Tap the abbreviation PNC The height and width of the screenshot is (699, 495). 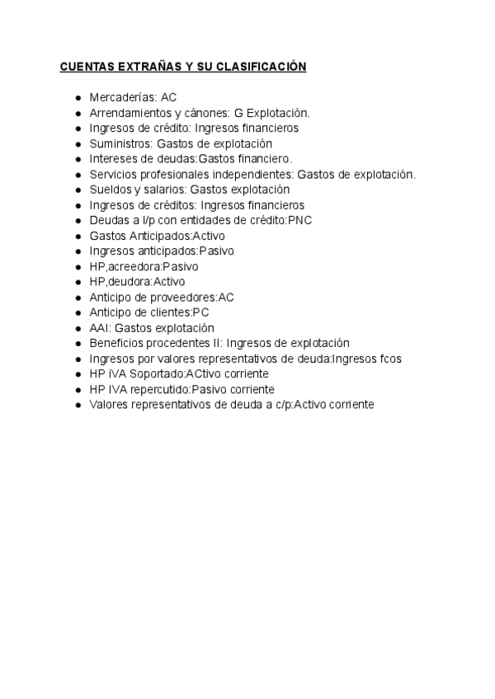(x=299, y=220)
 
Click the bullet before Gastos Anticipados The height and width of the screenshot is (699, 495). (x=78, y=236)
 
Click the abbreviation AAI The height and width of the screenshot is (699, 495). (x=99, y=328)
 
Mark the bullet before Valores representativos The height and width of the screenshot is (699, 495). (x=78, y=405)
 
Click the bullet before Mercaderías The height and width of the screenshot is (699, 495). (x=78, y=97)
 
